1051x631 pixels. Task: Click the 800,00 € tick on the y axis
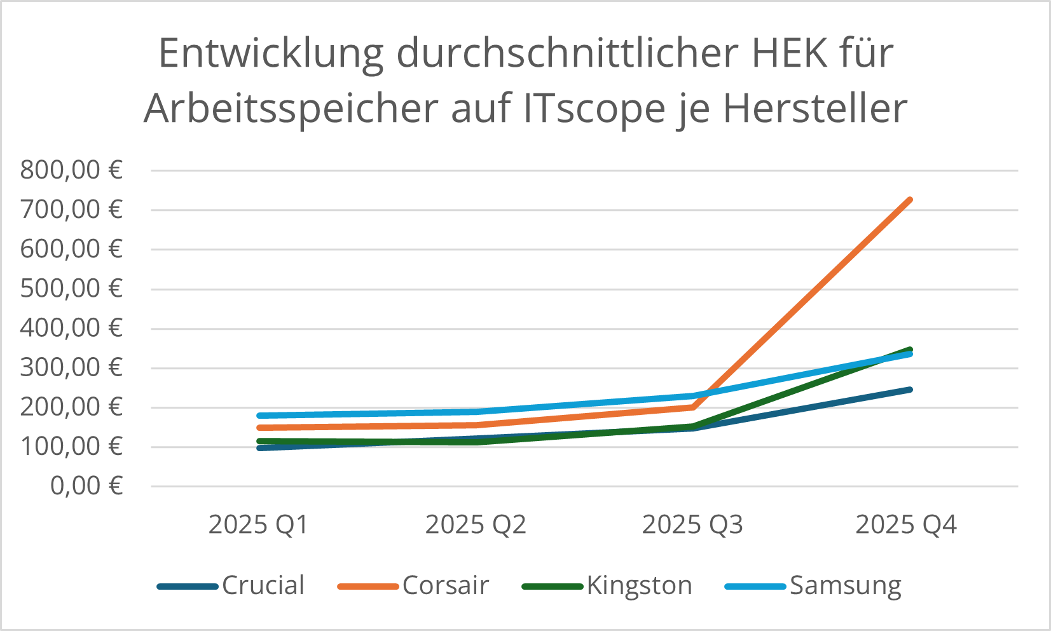[x=71, y=170]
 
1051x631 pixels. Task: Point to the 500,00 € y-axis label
[x=71, y=289]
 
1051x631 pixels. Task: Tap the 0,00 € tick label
[x=86, y=486]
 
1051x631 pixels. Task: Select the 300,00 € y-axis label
[x=71, y=368]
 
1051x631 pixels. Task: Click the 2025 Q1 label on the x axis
[x=258, y=525]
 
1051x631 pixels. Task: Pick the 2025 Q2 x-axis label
[x=476, y=525]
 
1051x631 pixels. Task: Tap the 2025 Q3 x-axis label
[x=692, y=525]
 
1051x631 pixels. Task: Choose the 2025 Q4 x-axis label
[x=906, y=525]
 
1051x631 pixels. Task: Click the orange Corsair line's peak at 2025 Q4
[x=910, y=200]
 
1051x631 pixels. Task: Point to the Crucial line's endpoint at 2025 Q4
[x=910, y=390]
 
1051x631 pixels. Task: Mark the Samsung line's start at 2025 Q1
[x=260, y=416]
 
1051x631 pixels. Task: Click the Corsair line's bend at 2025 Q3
[x=692, y=407]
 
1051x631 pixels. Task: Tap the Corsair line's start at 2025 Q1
[x=260, y=428]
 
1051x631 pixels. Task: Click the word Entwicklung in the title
[x=271, y=53]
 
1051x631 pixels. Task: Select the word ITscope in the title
[x=593, y=109]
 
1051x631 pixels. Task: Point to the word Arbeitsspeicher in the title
[x=291, y=109]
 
